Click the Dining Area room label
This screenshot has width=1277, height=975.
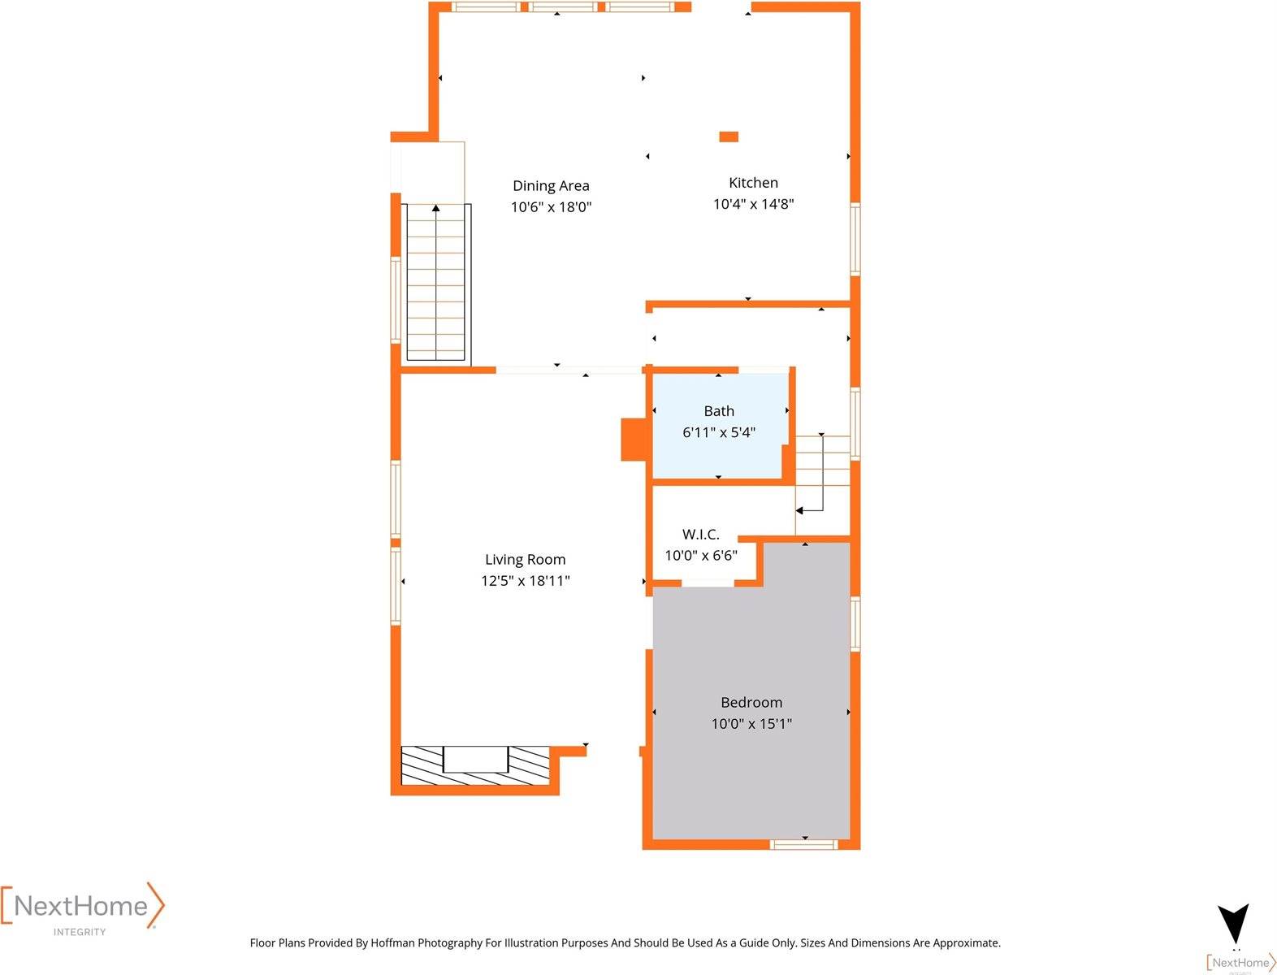tap(551, 186)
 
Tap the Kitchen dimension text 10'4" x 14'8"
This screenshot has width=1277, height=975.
tap(753, 204)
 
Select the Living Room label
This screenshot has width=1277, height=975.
tap(525, 559)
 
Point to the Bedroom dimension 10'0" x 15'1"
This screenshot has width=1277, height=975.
tap(751, 723)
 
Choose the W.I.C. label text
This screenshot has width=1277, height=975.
tap(700, 534)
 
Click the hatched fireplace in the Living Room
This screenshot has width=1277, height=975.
tap(475, 765)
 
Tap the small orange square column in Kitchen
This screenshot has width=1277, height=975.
tap(729, 136)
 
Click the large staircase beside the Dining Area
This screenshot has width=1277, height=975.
tap(436, 284)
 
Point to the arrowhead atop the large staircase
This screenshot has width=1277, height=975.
tap(436, 209)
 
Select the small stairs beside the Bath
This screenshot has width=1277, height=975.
tap(822, 471)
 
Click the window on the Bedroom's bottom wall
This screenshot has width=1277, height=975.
tap(803, 844)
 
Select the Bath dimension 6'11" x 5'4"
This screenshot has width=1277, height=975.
tap(719, 432)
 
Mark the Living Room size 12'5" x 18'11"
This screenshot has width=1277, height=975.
tap(525, 580)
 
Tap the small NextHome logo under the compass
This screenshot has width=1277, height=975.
tap(1241, 963)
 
